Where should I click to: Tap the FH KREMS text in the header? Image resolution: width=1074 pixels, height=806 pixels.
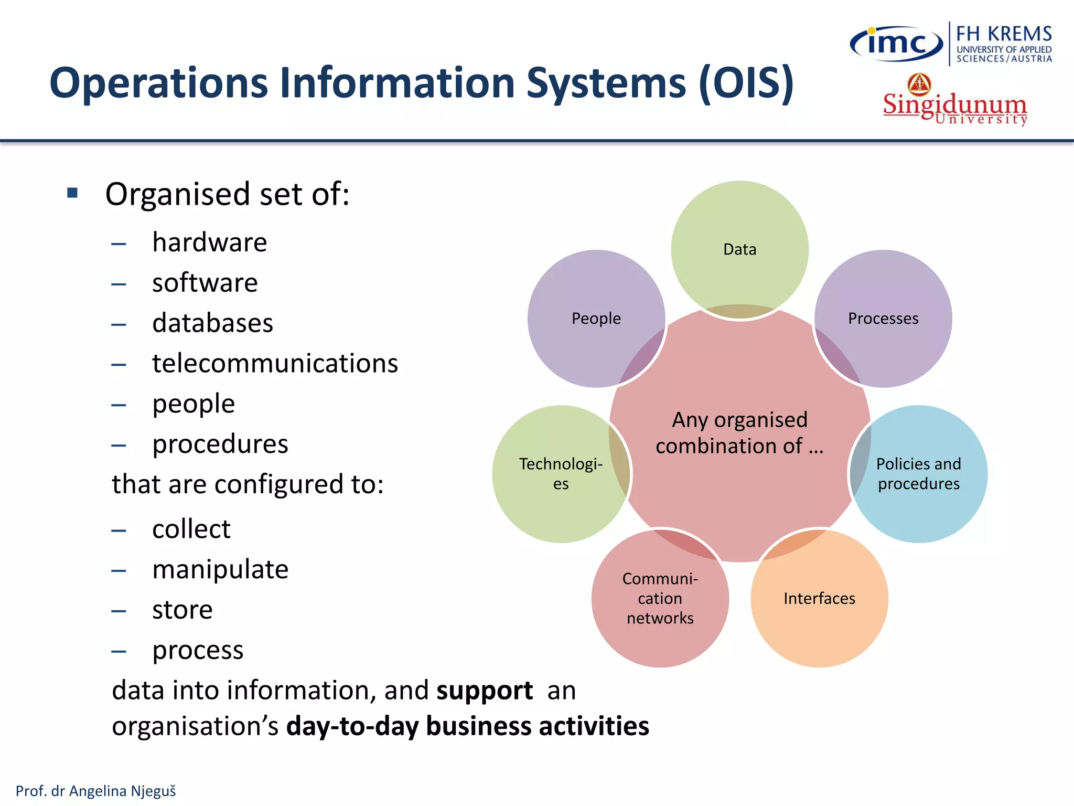tap(1004, 34)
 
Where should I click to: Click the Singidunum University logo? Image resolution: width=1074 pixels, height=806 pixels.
tap(954, 101)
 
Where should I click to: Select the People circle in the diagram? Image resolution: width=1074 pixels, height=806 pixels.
tap(596, 318)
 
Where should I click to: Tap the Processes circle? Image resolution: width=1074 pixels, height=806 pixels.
tap(883, 318)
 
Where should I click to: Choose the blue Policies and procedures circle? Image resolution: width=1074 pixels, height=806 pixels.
tap(919, 473)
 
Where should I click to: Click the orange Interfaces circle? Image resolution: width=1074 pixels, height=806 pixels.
tap(819, 598)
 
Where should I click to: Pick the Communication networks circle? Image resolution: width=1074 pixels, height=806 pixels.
tap(660, 598)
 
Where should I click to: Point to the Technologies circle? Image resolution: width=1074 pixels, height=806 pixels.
tap(561, 473)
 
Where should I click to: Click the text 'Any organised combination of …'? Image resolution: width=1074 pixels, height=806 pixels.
tap(739, 433)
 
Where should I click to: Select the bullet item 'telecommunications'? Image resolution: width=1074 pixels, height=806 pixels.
tap(275, 363)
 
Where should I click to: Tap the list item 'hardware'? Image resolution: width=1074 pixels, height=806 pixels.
tap(209, 242)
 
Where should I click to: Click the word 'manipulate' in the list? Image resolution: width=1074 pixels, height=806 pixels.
tap(220, 569)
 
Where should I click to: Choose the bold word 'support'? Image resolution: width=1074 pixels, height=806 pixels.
tap(485, 690)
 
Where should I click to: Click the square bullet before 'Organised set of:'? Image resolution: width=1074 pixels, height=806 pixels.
tap(72, 193)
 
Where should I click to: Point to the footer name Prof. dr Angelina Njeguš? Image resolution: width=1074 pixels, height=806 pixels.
tap(96, 791)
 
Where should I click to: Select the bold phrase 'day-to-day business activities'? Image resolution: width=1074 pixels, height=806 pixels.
tap(468, 726)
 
